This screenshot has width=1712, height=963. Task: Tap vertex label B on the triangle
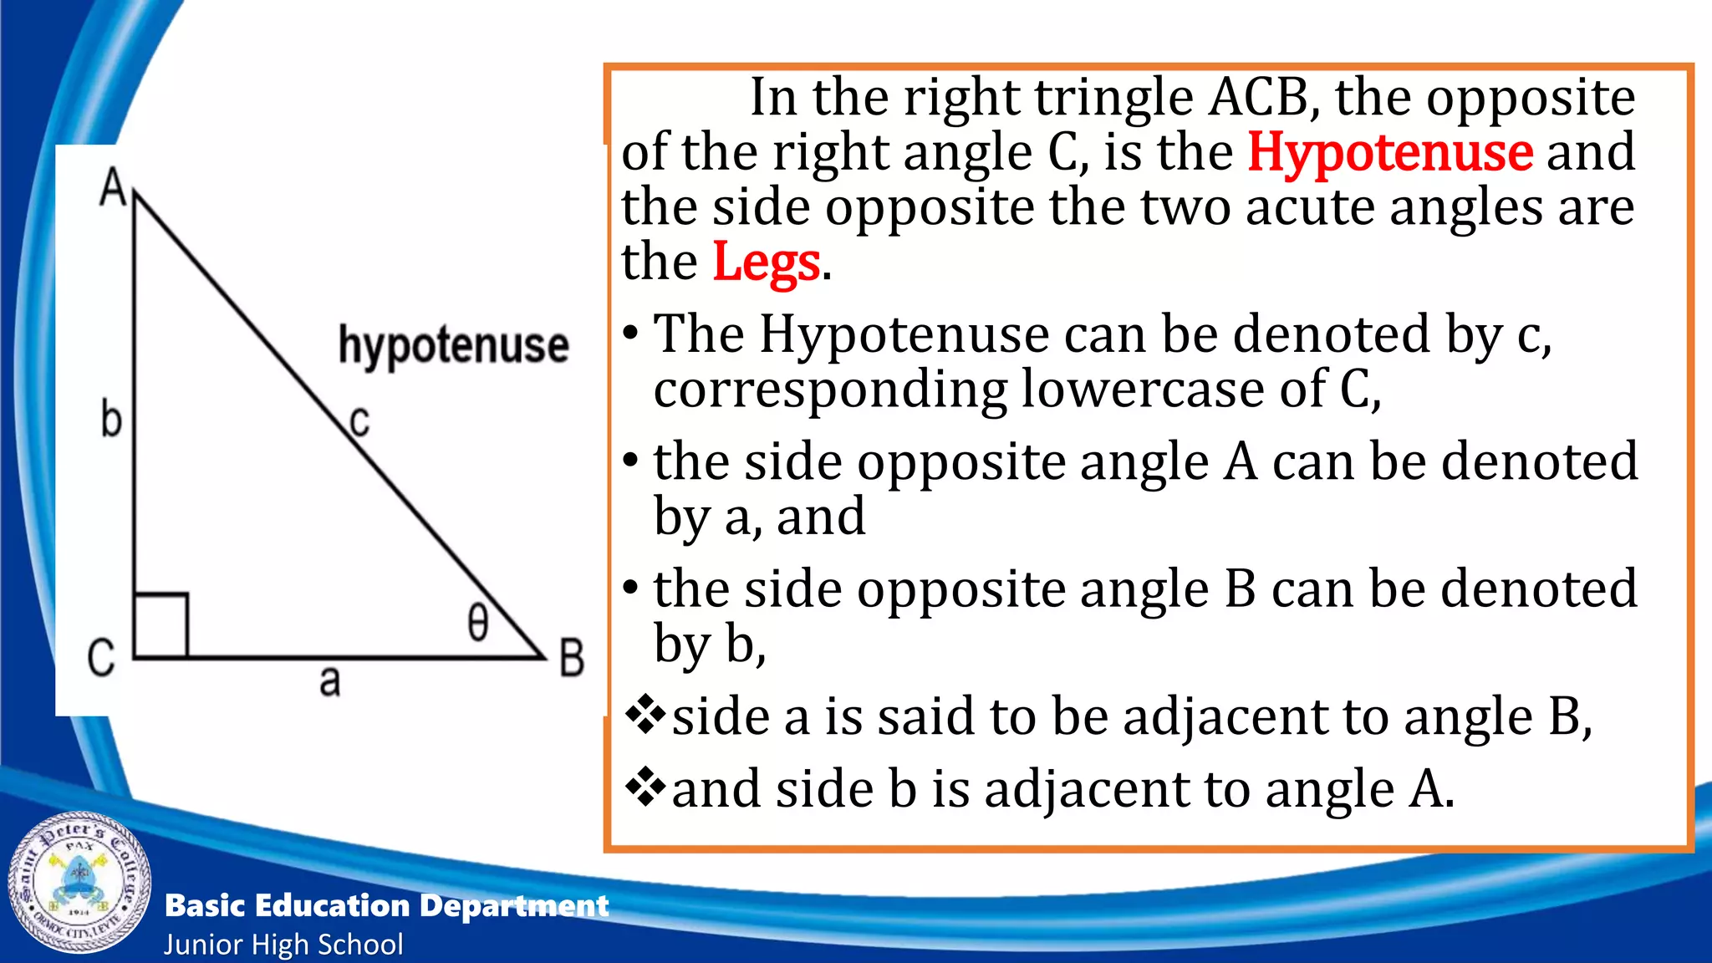(x=572, y=658)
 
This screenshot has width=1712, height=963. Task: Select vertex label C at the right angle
(x=101, y=658)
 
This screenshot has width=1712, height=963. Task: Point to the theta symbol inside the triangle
(x=477, y=623)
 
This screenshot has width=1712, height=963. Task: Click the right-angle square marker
(x=161, y=625)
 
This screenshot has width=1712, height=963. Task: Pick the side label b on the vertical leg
(x=110, y=419)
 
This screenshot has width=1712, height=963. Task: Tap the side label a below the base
(x=330, y=682)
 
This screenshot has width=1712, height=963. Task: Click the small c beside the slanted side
(x=359, y=420)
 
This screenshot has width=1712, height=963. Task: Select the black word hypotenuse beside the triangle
(x=453, y=345)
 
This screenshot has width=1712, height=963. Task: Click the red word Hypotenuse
(x=1390, y=152)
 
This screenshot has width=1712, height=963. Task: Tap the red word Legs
(x=766, y=262)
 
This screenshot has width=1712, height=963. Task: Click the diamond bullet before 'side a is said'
(x=645, y=715)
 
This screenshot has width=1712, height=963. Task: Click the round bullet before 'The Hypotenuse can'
(x=631, y=334)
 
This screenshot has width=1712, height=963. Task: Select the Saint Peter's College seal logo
(x=80, y=883)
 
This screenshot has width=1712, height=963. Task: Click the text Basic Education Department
(x=386, y=905)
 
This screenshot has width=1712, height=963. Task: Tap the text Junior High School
(x=283, y=945)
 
